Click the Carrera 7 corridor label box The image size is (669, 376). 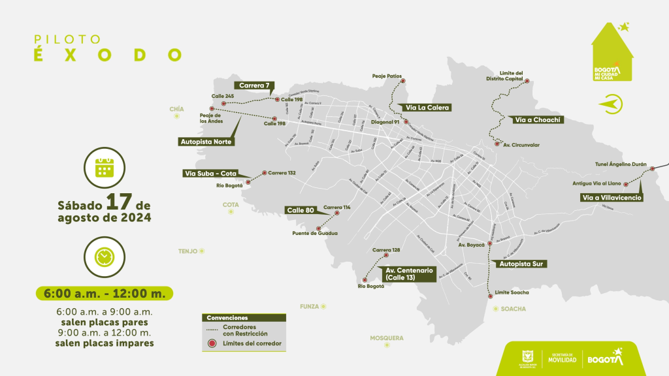coord(254,86)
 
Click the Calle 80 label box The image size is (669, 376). coord(301,210)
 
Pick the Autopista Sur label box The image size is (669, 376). coord(522,264)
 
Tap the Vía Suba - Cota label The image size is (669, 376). coord(210,174)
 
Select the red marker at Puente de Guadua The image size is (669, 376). coord(318,228)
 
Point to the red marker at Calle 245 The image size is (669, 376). coord(223,103)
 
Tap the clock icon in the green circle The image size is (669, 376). coord(103,257)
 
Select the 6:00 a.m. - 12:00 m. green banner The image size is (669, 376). coord(105,293)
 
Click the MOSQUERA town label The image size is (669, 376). coord(387,338)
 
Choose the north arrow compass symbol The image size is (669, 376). coord(612,103)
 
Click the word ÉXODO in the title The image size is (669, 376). coord(108,55)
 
